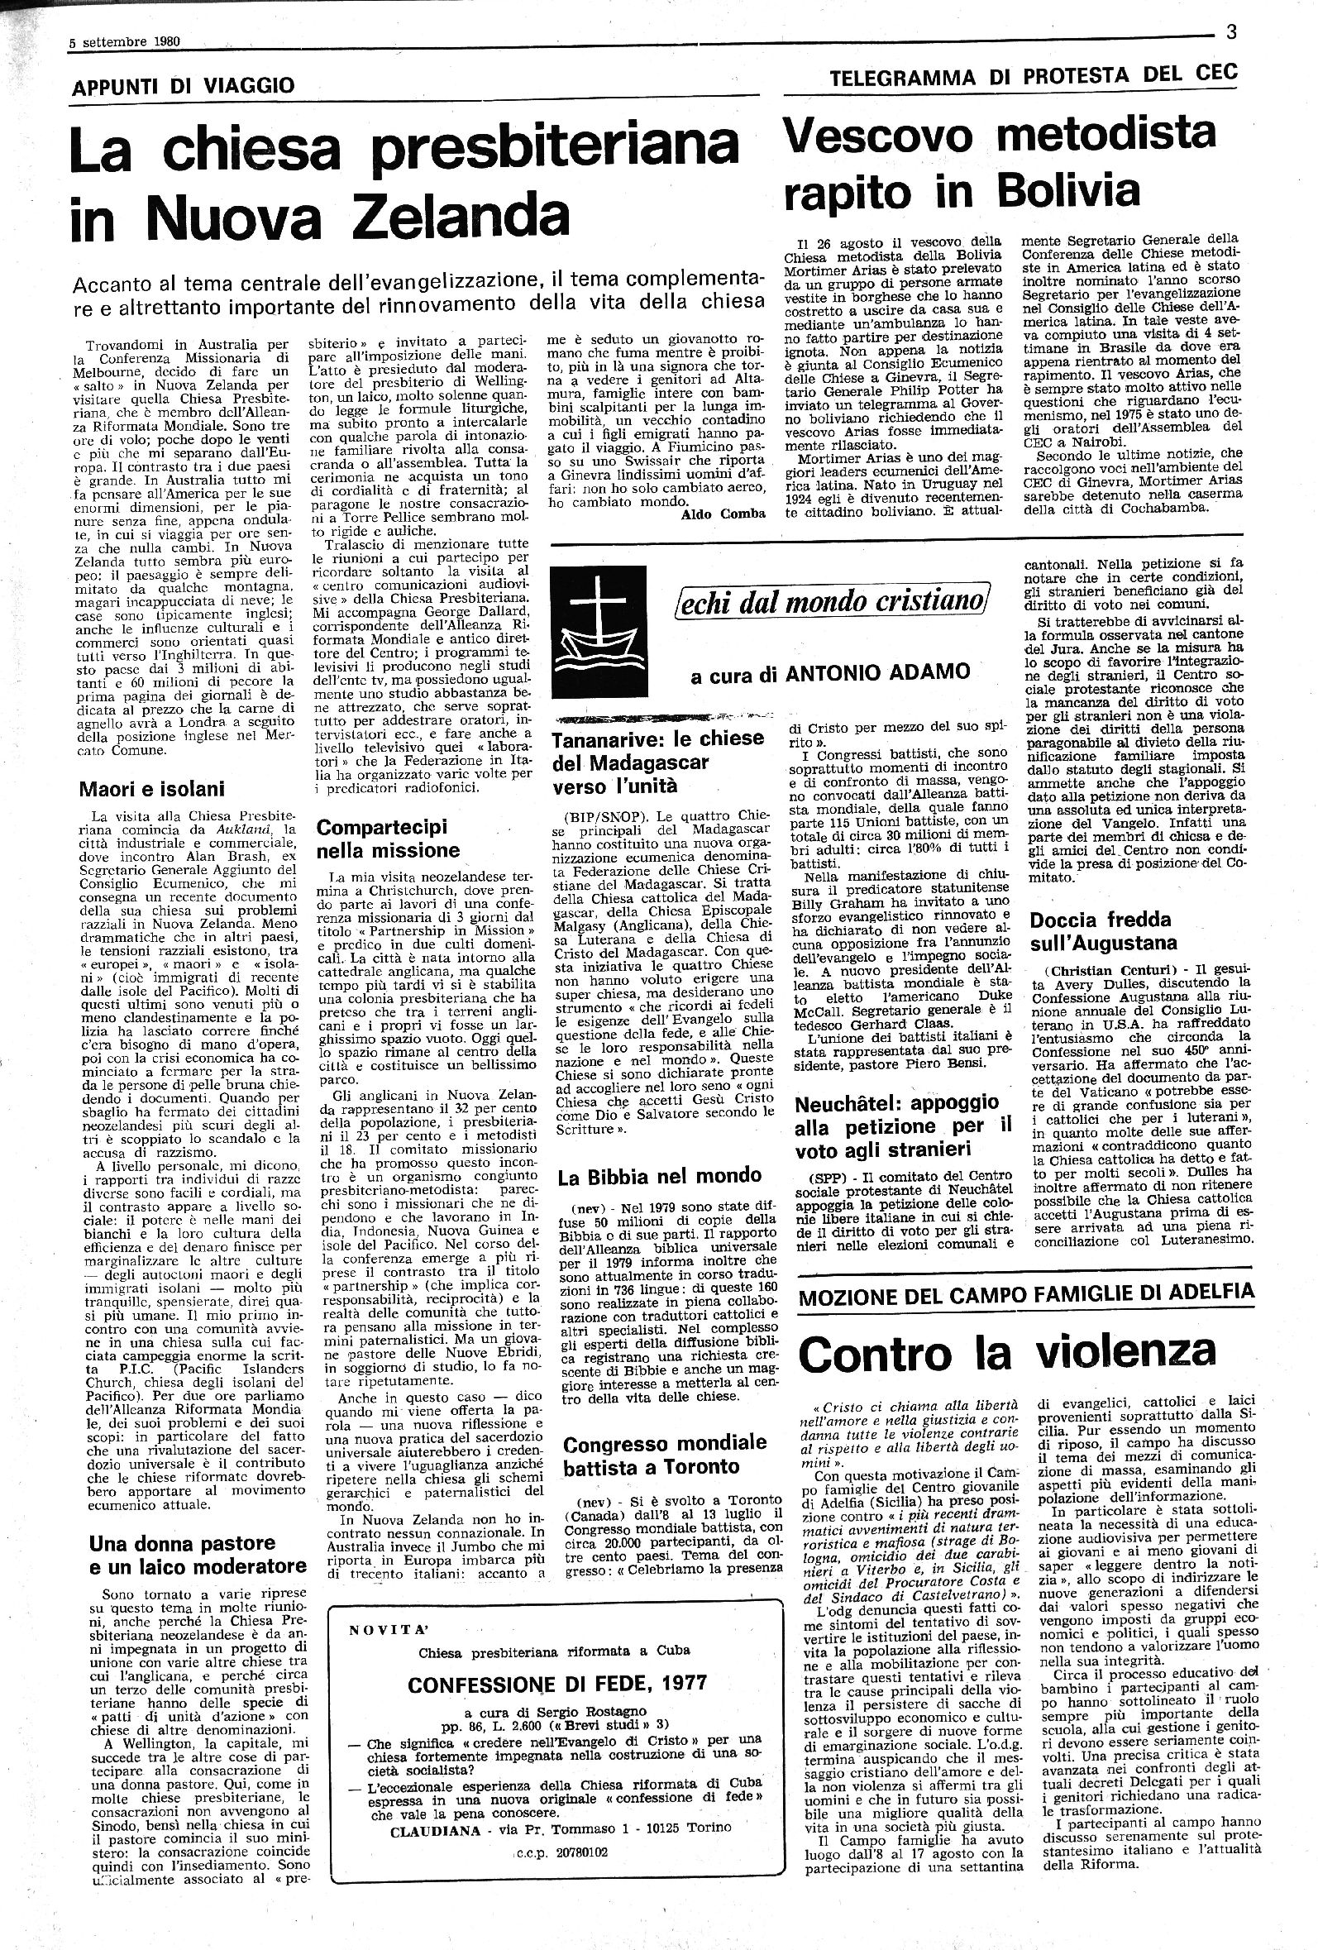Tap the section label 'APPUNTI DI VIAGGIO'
click(184, 84)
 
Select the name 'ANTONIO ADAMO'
click(878, 672)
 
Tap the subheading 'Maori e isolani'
click(152, 788)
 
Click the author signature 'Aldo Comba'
click(723, 514)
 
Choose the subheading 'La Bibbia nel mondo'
click(660, 1175)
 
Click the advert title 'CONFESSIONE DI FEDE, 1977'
click(557, 1682)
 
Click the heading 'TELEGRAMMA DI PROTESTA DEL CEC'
click(1033, 75)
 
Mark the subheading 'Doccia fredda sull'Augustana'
click(1103, 930)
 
